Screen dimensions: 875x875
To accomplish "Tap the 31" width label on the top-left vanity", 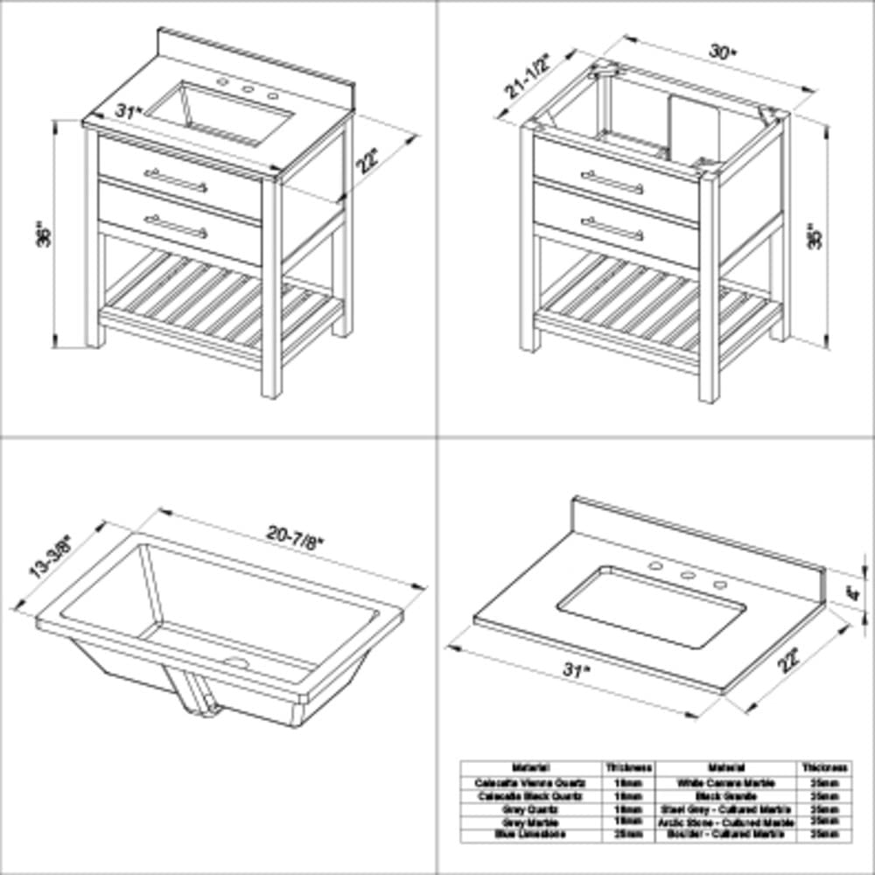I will (x=128, y=112).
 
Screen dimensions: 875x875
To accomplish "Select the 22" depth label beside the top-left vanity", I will (x=368, y=162).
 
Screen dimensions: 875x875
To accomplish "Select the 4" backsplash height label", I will (x=851, y=592).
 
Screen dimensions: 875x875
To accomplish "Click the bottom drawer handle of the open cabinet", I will (x=612, y=228).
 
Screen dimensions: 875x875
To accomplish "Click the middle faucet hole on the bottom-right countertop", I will (x=688, y=577).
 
